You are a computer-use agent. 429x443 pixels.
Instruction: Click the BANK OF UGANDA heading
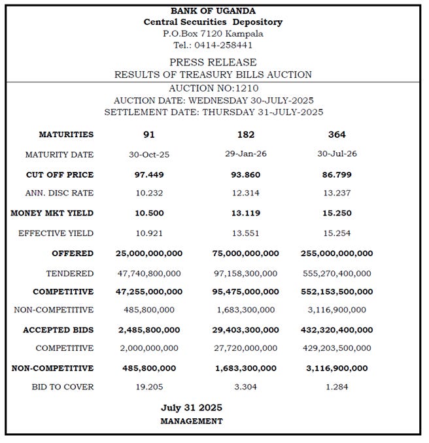213,10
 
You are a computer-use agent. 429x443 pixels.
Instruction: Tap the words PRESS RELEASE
213,62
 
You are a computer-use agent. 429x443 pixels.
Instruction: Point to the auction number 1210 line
213,88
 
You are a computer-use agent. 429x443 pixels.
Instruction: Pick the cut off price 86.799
337,174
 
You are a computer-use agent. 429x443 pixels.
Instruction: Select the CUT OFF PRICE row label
60,174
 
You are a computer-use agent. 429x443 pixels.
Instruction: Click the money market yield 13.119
246,213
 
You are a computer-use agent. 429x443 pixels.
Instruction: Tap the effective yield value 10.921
149,233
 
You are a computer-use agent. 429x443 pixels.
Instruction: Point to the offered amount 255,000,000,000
337,253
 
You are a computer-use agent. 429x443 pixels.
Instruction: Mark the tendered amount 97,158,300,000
246,273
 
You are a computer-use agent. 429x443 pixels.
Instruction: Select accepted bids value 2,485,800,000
149,329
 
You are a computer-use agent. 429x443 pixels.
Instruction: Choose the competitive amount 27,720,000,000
246,348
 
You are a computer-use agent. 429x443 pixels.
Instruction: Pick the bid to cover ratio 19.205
149,387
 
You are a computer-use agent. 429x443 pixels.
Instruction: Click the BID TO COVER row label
62,387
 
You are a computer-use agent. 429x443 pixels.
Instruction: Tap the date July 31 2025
192,408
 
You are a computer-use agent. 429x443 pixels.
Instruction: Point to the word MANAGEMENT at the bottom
192,421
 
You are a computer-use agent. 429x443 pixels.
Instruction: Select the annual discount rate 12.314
246,193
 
